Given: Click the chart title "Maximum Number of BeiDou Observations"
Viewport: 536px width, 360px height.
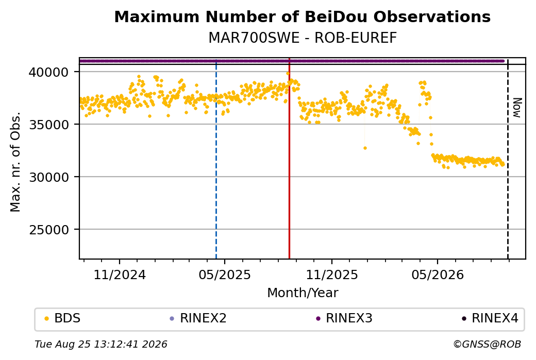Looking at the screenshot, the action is (x=302, y=16).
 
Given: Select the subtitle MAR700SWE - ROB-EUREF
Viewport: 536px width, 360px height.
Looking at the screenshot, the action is (x=303, y=38).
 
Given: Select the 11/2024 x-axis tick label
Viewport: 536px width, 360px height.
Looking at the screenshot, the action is (x=120, y=275).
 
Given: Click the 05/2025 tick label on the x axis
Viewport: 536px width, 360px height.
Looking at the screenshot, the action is (x=225, y=275).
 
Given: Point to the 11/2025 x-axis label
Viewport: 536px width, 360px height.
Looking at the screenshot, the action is (x=331, y=275).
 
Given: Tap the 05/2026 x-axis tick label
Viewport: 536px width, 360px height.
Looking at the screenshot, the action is (x=438, y=275).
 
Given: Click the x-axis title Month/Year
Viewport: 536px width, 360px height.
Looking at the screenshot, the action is (x=303, y=293).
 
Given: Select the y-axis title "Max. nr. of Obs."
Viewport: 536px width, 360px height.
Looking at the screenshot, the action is (x=15, y=162).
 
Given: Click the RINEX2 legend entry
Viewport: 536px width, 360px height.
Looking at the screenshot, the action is (x=198, y=318).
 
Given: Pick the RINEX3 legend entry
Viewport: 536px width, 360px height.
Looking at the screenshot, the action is (x=344, y=318).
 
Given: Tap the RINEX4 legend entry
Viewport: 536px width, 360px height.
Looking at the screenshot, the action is (x=490, y=318).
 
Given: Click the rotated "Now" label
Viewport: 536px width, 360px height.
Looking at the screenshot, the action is (x=517, y=108).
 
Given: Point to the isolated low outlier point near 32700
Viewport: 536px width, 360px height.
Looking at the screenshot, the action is (x=365, y=148).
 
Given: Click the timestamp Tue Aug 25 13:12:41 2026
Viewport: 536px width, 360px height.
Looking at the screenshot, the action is (x=101, y=344).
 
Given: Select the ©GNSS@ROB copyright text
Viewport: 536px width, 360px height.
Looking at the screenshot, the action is (x=487, y=344).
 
